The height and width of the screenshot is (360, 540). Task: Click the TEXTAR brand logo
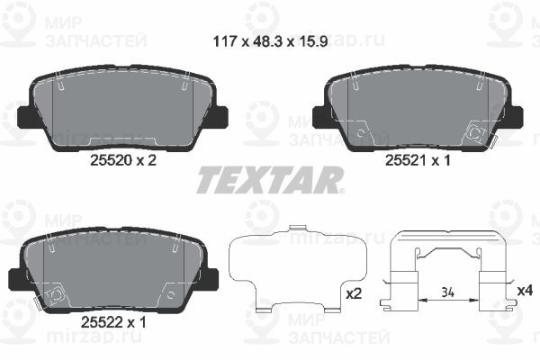click(269, 180)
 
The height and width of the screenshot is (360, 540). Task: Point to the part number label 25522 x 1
click(121, 318)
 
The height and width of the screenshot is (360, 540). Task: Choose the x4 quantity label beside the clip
click(524, 291)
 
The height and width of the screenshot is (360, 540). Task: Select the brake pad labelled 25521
click(416, 108)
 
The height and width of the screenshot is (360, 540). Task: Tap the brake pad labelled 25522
click(121, 268)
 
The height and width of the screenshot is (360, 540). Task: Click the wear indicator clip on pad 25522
click(54, 292)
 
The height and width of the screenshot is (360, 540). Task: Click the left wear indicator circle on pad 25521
click(362, 134)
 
